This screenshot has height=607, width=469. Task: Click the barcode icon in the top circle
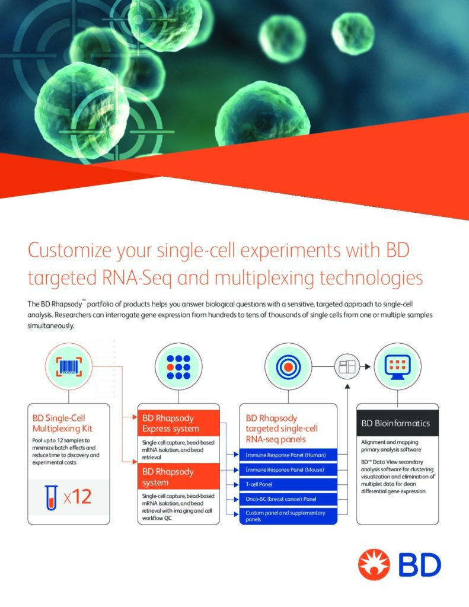(69, 366)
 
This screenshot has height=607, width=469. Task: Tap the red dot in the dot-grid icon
(170, 366)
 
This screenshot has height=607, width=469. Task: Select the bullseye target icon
(288, 366)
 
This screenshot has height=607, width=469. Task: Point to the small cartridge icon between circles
(347, 366)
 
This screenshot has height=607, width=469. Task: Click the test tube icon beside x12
(51, 497)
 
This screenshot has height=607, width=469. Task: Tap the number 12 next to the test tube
(82, 497)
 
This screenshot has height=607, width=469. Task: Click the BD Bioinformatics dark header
(397, 423)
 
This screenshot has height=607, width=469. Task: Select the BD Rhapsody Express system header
(178, 423)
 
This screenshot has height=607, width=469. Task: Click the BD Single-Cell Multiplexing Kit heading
(62, 423)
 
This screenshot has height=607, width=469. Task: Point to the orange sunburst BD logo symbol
(374, 564)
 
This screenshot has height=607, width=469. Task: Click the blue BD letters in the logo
(420, 565)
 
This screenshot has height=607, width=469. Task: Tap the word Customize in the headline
(70, 251)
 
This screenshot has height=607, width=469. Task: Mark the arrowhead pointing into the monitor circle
(368, 366)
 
